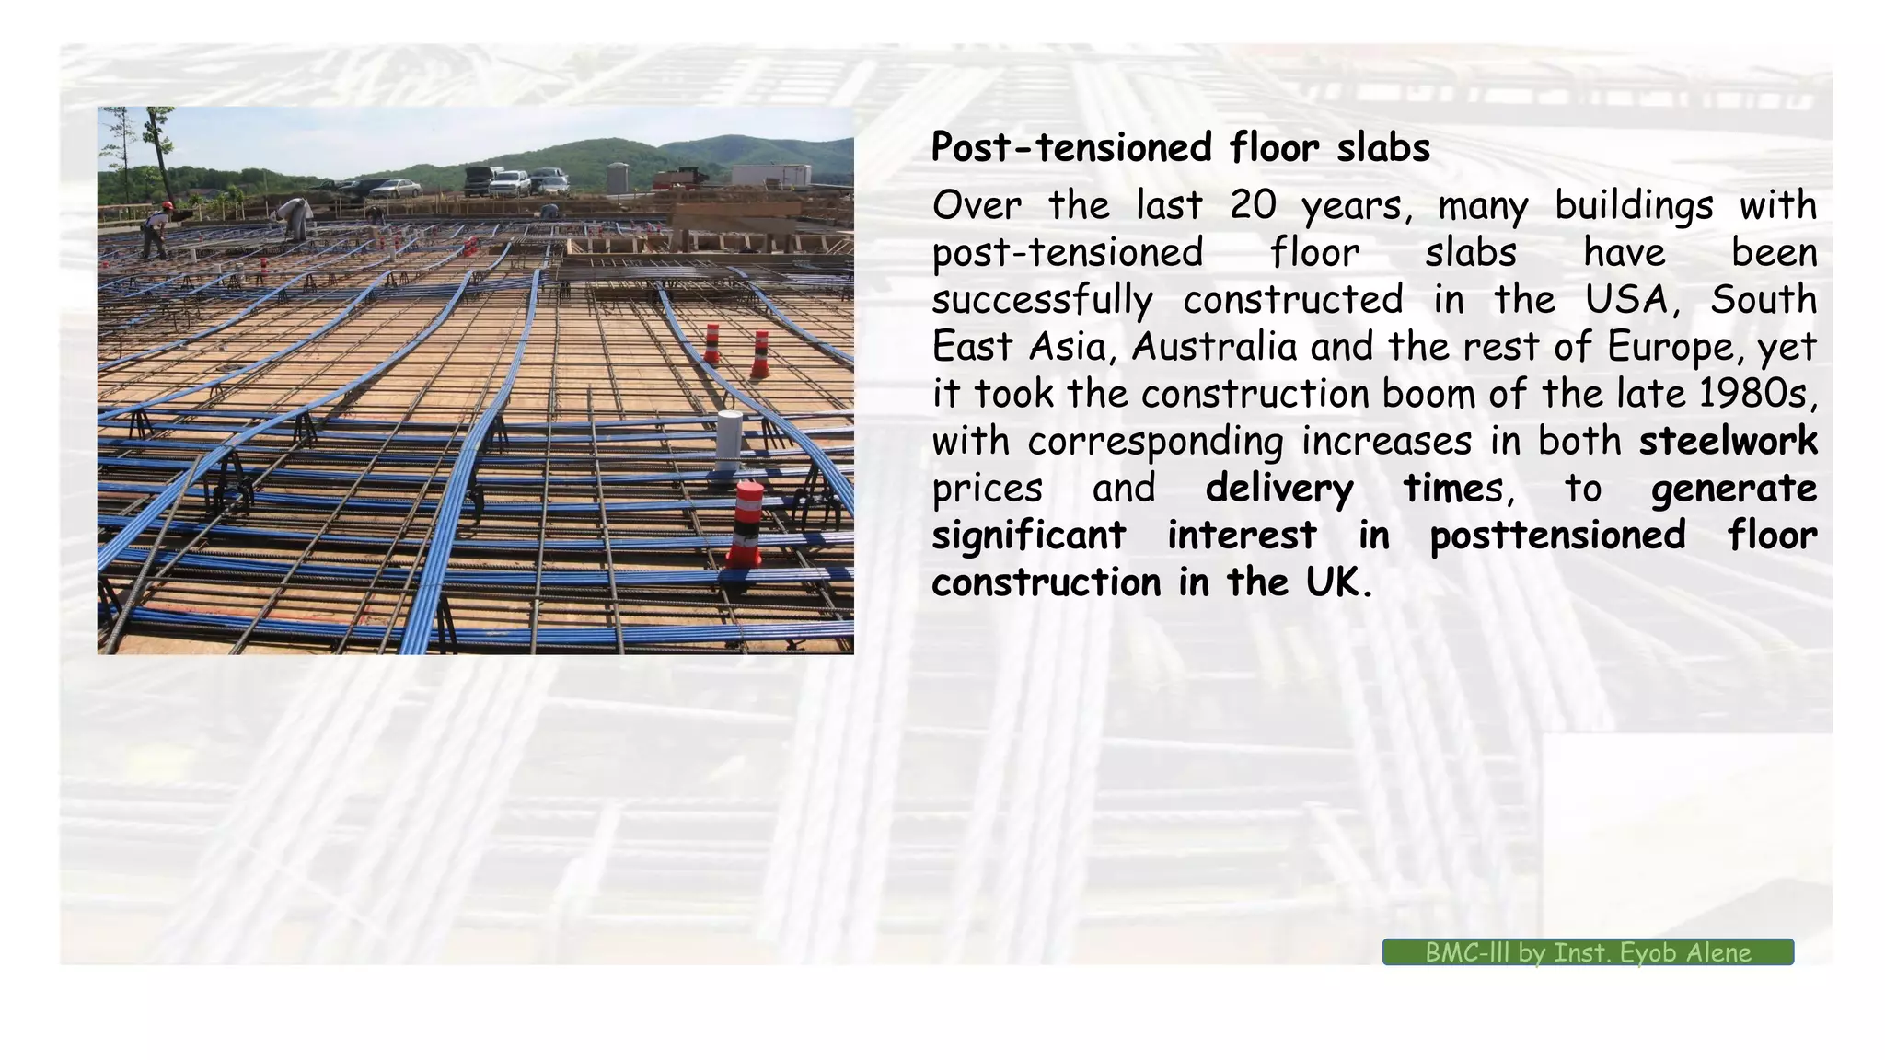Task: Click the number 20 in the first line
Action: pyautogui.click(x=1253, y=205)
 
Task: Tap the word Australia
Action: pyautogui.click(x=1213, y=347)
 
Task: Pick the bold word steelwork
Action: pyautogui.click(x=1728, y=441)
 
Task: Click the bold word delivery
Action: pyautogui.click(x=1278, y=489)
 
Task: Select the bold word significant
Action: pyautogui.click(x=1028, y=536)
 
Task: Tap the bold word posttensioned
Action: pyautogui.click(x=1556, y=536)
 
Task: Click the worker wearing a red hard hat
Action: pyautogui.click(x=155, y=229)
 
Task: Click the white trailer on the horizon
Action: pyautogui.click(x=782, y=175)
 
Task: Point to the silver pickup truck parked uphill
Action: pyautogui.click(x=510, y=183)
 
